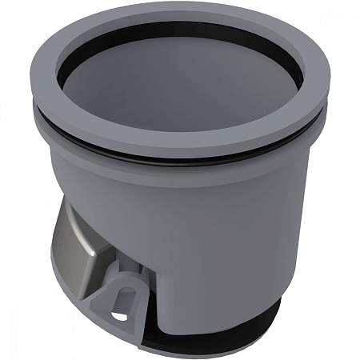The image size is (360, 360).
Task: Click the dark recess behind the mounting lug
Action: click(144, 276)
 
